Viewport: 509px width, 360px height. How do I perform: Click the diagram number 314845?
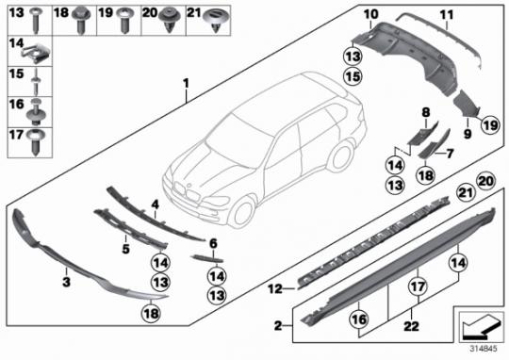(484, 349)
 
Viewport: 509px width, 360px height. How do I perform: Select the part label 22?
(411, 326)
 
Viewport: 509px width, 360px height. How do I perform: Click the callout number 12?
(275, 288)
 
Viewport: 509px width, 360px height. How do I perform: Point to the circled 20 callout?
(486, 181)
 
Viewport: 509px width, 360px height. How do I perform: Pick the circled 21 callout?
(466, 193)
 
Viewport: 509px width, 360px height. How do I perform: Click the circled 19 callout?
(490, 124)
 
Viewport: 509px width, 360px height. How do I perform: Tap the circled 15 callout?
(353, 76)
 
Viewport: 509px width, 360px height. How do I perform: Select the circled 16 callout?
(359, 319)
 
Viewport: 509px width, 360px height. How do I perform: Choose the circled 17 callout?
(419, 286)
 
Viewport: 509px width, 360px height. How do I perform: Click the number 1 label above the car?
(186, 84)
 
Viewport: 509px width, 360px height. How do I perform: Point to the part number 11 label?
(447, 15)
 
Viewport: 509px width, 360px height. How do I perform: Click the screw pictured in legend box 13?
(35, 21)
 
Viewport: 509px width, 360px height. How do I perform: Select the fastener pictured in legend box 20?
(169, 21)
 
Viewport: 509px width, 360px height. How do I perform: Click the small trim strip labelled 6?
(207, 258)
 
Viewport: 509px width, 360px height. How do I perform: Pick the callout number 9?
(468, 134)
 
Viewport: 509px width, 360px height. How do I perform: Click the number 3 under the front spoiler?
(66, 282)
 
